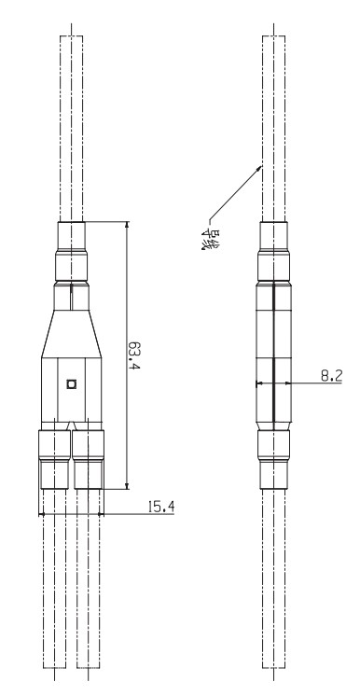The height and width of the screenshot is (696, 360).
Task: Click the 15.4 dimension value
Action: (161, 507)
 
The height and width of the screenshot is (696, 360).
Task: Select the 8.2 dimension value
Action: (332, 376)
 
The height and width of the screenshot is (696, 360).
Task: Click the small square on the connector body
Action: (71, 384)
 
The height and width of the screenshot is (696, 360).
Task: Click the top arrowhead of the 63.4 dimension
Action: (128, 225)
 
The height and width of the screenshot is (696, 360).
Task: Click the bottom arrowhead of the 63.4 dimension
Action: (128, 485)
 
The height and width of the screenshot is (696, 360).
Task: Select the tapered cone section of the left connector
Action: (72, 333)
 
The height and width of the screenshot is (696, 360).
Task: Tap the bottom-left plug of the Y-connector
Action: (54, 459)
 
